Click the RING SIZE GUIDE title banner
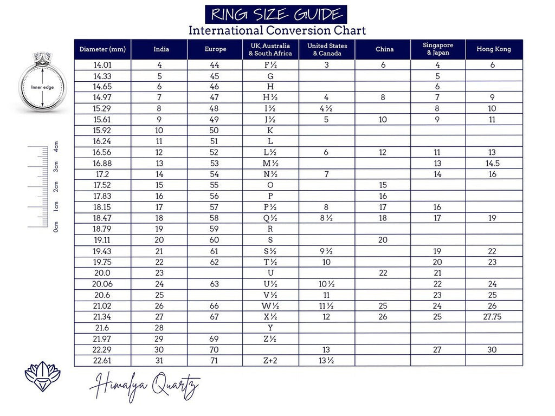(276, 14)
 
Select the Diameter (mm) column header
(102, 49)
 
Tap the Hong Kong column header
(494, 49)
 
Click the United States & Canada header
(327, 49)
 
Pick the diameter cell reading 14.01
(102, 65)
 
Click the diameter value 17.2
(102, 174)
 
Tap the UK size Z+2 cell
(270, 361)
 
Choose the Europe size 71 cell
(215, 361)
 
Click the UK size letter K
(270, 131)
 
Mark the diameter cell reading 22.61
(102, 361)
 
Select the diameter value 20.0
(102, 273)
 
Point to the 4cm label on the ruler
(56, 147)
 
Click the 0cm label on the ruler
(56, 226)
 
